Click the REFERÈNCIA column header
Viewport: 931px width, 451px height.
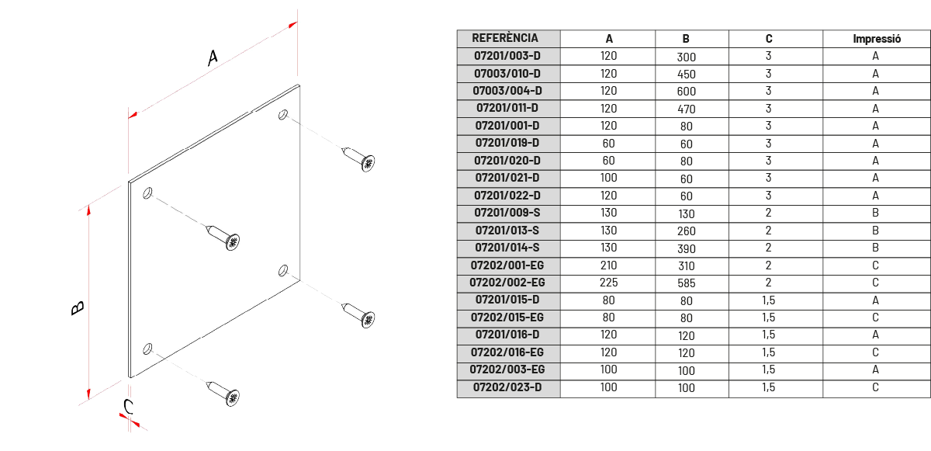505,38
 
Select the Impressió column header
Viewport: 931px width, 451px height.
877,39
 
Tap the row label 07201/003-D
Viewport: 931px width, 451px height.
507,56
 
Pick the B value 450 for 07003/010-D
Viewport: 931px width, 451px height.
686,75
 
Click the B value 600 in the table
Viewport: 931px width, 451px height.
686,92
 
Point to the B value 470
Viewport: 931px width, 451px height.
686,109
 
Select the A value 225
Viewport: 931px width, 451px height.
608,283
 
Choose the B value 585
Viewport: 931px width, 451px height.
686,283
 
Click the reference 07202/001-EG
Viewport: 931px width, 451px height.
507,265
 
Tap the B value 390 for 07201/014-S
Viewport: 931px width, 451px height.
686,249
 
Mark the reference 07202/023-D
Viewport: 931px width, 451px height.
507,387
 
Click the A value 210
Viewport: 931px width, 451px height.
608,265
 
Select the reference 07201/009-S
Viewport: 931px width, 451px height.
507,213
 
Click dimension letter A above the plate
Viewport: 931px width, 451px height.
213,57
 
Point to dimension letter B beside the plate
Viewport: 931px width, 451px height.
78,308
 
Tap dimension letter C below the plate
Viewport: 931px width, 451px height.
129,407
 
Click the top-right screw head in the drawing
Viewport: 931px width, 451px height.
368,163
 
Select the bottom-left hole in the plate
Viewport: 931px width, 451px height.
147,349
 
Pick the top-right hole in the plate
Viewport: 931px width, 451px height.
283,114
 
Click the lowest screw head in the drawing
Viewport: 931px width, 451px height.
232,397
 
